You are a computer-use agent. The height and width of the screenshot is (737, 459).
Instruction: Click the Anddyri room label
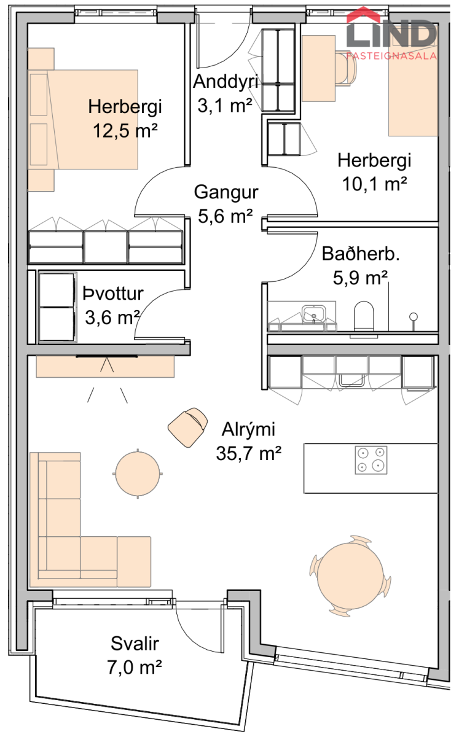[226, 81]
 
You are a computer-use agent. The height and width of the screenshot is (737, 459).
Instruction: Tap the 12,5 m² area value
[125, 131]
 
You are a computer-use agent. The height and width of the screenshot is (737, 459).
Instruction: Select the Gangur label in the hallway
[226, 192]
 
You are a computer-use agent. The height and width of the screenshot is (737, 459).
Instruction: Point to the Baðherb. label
[361, 254]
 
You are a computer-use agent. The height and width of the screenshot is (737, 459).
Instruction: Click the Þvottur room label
[113, 294]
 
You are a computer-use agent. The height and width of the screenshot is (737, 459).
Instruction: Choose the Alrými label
[248, 429]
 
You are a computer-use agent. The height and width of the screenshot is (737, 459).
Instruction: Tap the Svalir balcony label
[135, 644]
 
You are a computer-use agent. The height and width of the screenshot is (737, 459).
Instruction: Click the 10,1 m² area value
[374, 184]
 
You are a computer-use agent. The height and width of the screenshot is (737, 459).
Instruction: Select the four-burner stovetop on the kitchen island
[371, 460]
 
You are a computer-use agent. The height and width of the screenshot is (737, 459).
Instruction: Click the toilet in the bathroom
[364, 316]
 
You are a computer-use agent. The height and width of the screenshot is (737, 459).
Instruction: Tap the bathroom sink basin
[314, 314]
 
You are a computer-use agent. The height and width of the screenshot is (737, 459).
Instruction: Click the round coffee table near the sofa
[138, 474]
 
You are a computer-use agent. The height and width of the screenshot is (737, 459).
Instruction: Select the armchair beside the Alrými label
[188, 427]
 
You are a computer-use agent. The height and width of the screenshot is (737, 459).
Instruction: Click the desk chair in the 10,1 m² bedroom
[347, 68]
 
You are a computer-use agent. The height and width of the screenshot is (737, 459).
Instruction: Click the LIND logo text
[391, 33]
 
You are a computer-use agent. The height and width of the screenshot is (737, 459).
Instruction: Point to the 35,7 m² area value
[249, 453]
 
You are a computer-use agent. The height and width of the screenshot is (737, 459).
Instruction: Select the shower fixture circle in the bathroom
[414, 317]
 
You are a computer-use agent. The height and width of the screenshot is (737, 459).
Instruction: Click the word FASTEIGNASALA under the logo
[391, 56]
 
